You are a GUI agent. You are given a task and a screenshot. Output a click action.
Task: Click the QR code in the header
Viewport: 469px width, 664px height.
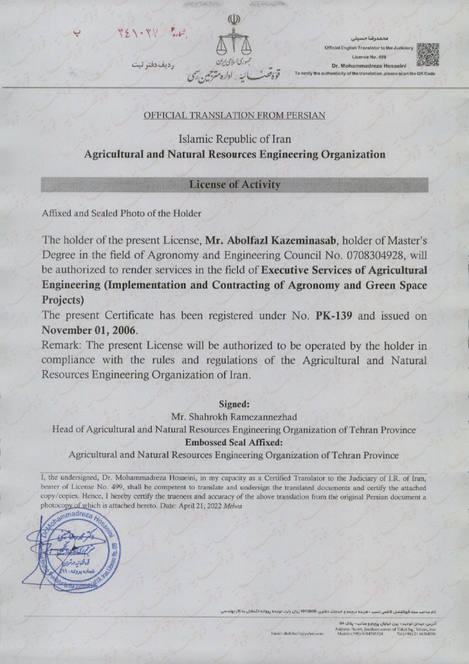[x=428, y=55]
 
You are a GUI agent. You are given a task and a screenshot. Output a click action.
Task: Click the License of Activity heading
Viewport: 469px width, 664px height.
[x=235, y=185]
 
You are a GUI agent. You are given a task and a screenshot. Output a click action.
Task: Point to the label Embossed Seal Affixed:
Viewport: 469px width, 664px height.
[x=234, y=442]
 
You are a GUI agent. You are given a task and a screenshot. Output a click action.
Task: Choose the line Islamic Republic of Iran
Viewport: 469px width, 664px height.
[x=234, y=139]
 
